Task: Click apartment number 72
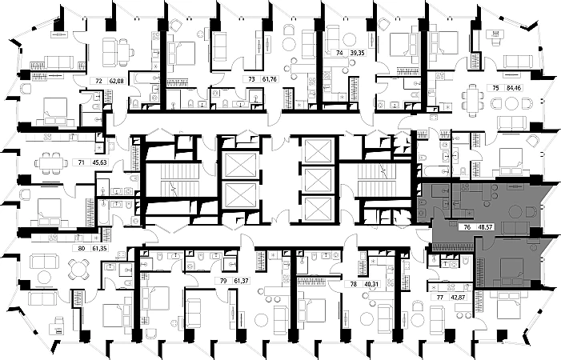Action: [98, 81]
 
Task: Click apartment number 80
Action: [81, 249]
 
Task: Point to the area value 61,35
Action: [101, 249]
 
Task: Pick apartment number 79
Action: [224, 280]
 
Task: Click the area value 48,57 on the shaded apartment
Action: [484, 226]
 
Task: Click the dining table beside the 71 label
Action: [50, 162]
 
